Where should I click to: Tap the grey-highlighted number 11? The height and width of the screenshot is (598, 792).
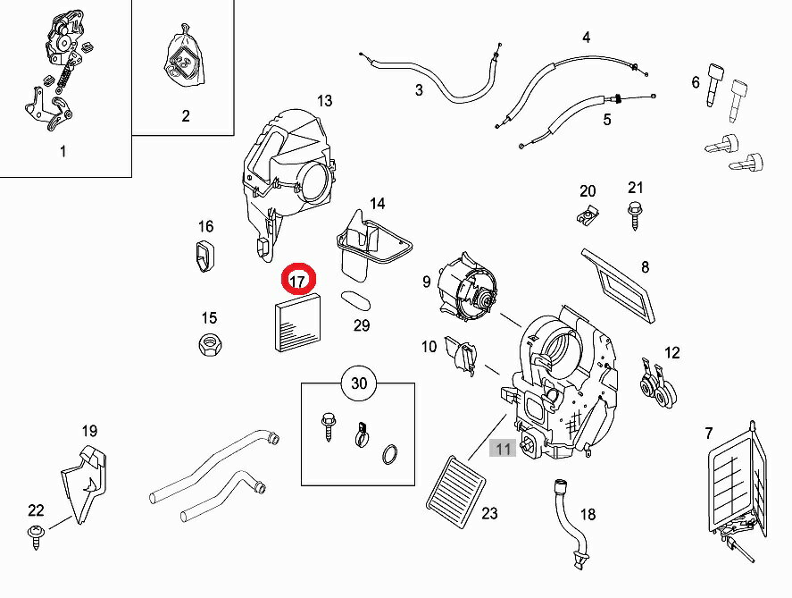pos(504,449)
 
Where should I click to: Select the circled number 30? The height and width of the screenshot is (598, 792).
pos(358,383)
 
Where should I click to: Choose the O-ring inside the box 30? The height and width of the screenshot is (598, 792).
pos(391,455)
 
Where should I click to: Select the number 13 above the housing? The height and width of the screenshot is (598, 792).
pos(323,100)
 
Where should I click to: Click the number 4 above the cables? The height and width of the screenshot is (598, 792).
pos(586,37)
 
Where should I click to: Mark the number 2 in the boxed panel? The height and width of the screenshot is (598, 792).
pos(186,115)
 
